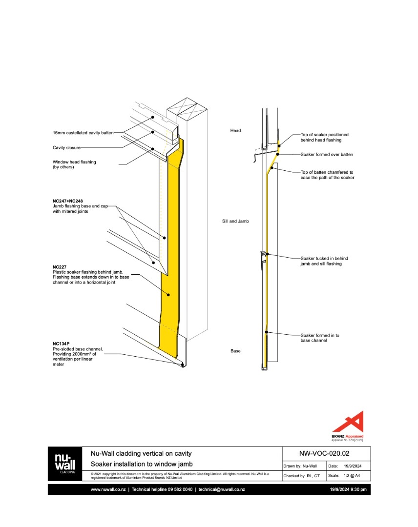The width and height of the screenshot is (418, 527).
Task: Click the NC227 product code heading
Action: click(60, 267)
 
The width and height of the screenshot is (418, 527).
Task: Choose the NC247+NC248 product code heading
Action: click(72, 201)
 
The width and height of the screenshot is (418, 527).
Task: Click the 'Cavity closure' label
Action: click(66, 147)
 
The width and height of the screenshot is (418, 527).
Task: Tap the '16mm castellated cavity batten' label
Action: click(83, 133)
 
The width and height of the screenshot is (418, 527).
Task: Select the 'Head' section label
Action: click(235, 130)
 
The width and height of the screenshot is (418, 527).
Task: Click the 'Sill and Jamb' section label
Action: click(235, 221)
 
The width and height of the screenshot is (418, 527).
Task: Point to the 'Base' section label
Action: click(235, 351)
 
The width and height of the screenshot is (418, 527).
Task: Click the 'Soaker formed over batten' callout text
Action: click(326, 154)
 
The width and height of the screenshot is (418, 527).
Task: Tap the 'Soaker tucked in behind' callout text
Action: click(324, 258)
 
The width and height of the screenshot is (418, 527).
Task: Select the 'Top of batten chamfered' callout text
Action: click(327, 172)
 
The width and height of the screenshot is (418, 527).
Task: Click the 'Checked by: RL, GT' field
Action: click(302, 475)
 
